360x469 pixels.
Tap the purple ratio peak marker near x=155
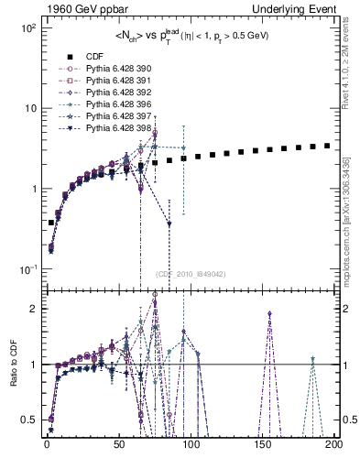point(270,314)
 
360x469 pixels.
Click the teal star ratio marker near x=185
point(312,359)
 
